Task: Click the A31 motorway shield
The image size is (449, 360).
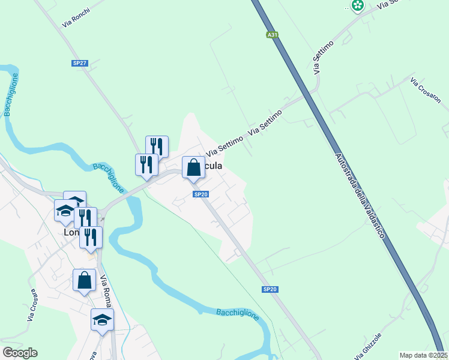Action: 273,35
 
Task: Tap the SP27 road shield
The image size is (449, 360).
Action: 80,63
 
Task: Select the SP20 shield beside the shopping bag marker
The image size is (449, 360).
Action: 201,194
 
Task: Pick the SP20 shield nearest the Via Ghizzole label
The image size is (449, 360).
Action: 270,289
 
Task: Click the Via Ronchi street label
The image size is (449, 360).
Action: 76,19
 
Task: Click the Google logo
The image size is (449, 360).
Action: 20,353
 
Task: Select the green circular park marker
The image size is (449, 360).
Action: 358,5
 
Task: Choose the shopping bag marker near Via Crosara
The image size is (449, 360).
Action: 84,280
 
